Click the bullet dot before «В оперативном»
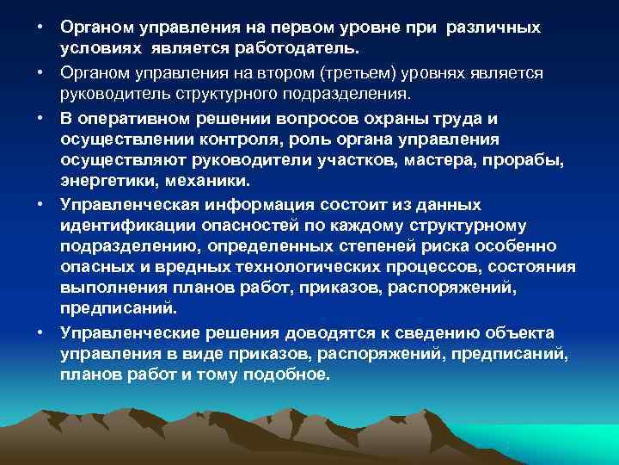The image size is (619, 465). pos(41,117)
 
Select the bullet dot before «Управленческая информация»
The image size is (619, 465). pos(41,205)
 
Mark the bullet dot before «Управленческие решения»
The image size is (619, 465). pos(41,332)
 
